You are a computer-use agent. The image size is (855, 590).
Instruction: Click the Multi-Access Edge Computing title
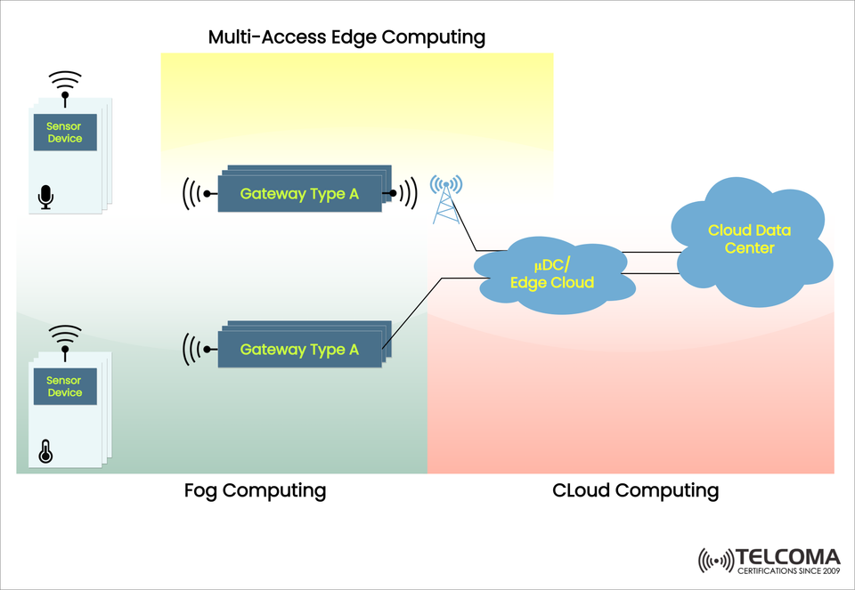[346, 37]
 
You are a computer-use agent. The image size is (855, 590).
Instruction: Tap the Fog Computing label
[255, 490]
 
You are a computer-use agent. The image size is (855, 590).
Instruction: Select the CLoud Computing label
[635, 490]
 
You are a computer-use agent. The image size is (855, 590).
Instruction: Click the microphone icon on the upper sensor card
[46, 197]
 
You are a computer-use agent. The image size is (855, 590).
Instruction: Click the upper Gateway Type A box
[299, 194]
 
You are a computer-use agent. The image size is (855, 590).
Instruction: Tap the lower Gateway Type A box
[299, 350]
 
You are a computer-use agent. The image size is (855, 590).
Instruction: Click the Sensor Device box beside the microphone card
[65, 133]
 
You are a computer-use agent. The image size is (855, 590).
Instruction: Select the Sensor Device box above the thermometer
[65, 387]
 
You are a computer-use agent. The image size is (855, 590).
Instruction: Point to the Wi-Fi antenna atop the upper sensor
[64, 85]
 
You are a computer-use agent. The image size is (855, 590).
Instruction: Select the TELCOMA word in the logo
[787, 556]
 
